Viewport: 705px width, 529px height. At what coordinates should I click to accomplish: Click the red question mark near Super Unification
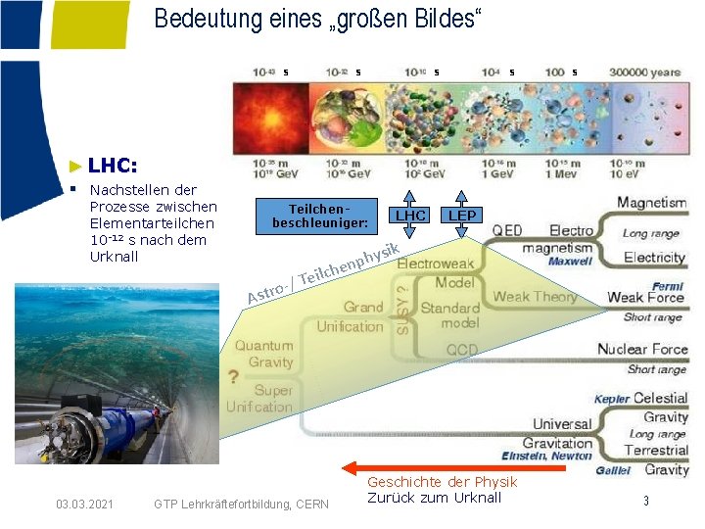233,377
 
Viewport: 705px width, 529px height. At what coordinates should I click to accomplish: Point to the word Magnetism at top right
651,203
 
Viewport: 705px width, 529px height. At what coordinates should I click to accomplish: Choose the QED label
507,230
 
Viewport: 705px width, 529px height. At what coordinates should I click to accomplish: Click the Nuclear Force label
642,349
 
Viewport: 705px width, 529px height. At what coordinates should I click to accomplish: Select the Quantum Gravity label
263,354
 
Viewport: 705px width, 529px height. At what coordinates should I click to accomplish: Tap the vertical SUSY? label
402,307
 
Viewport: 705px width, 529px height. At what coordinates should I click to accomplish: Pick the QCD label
462,350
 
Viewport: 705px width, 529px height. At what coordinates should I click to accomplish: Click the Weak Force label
644,297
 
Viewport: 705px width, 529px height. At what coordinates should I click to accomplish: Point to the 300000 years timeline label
644,72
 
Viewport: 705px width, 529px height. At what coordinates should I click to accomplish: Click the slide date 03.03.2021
84,505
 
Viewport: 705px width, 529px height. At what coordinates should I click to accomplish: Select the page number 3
646,502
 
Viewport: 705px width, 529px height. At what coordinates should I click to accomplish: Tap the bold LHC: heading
113,166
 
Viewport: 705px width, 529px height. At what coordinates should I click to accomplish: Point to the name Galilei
613,471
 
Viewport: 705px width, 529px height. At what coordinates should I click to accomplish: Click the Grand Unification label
350,316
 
